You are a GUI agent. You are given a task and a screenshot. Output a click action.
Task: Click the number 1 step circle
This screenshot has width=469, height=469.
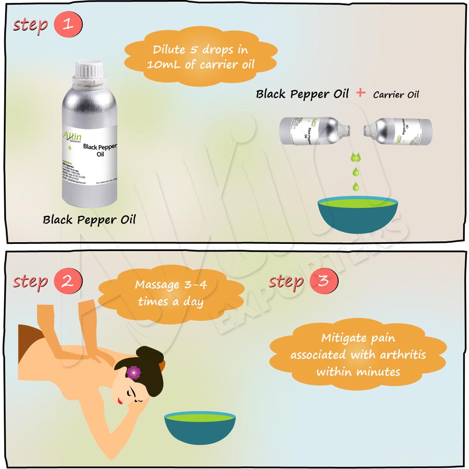tap(68, 25)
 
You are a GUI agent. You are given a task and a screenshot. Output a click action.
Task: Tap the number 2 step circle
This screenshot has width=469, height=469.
tap(68, 281)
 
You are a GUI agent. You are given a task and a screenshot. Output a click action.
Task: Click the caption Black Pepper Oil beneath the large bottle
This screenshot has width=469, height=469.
tap(89, 219)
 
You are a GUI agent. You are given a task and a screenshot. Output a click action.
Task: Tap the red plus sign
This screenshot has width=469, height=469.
tap(360, 92)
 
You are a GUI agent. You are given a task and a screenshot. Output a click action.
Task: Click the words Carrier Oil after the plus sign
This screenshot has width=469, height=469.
tap(396, 94)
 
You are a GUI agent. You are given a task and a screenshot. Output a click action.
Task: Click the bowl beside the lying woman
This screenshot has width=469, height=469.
tap(199, 428)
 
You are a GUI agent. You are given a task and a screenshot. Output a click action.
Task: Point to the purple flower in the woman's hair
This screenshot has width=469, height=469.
tap(134, 372)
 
